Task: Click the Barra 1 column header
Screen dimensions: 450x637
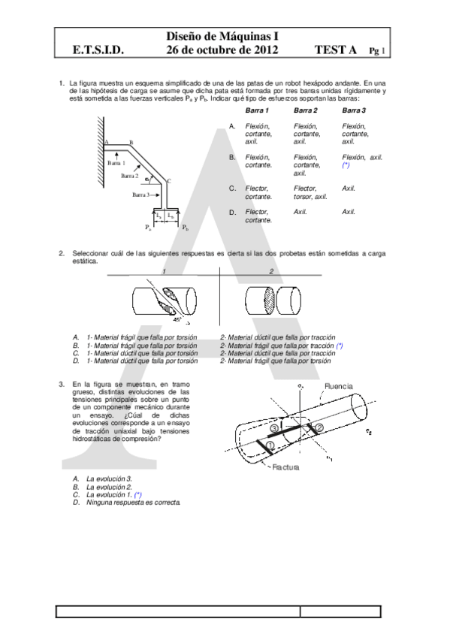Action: click(258, 110)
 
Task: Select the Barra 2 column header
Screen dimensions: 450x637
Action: click(306, 110)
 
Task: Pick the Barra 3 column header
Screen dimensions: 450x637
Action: click(354, 110)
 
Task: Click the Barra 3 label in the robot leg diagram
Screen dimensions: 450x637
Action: click(143, 195)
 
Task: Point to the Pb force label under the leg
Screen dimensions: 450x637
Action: click(185, 225)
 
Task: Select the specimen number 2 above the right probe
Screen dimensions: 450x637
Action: click(271, 271)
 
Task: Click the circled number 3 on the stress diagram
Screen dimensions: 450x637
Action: click(275, 427)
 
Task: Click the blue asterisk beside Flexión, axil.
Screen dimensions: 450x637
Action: click(346, 164)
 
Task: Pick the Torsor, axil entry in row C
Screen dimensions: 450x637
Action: click(310, 197)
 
